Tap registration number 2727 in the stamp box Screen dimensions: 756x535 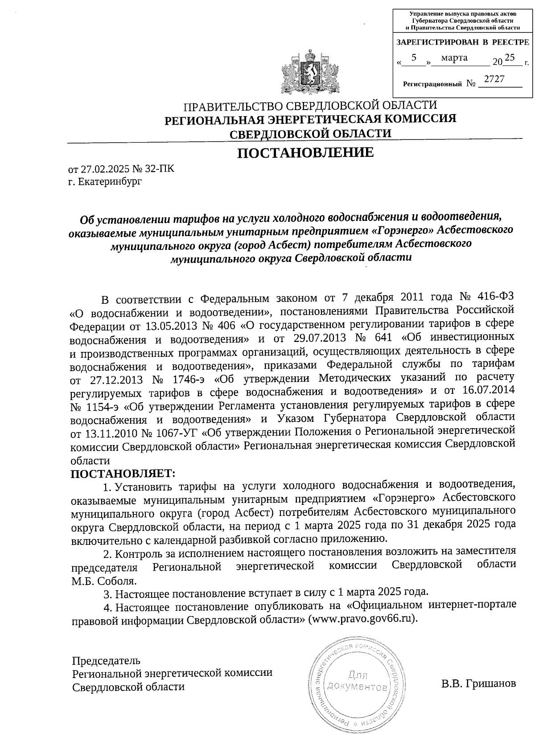pyautogui.click(x=494, y=79)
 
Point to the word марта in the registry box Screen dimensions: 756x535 pyautogui.click(x=454, y=57)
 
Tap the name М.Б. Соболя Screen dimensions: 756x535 pyautogui.click(x=104, y=581)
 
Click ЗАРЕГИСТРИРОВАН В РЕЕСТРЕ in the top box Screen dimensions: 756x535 pyautogui.click(x=462, y=43)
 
